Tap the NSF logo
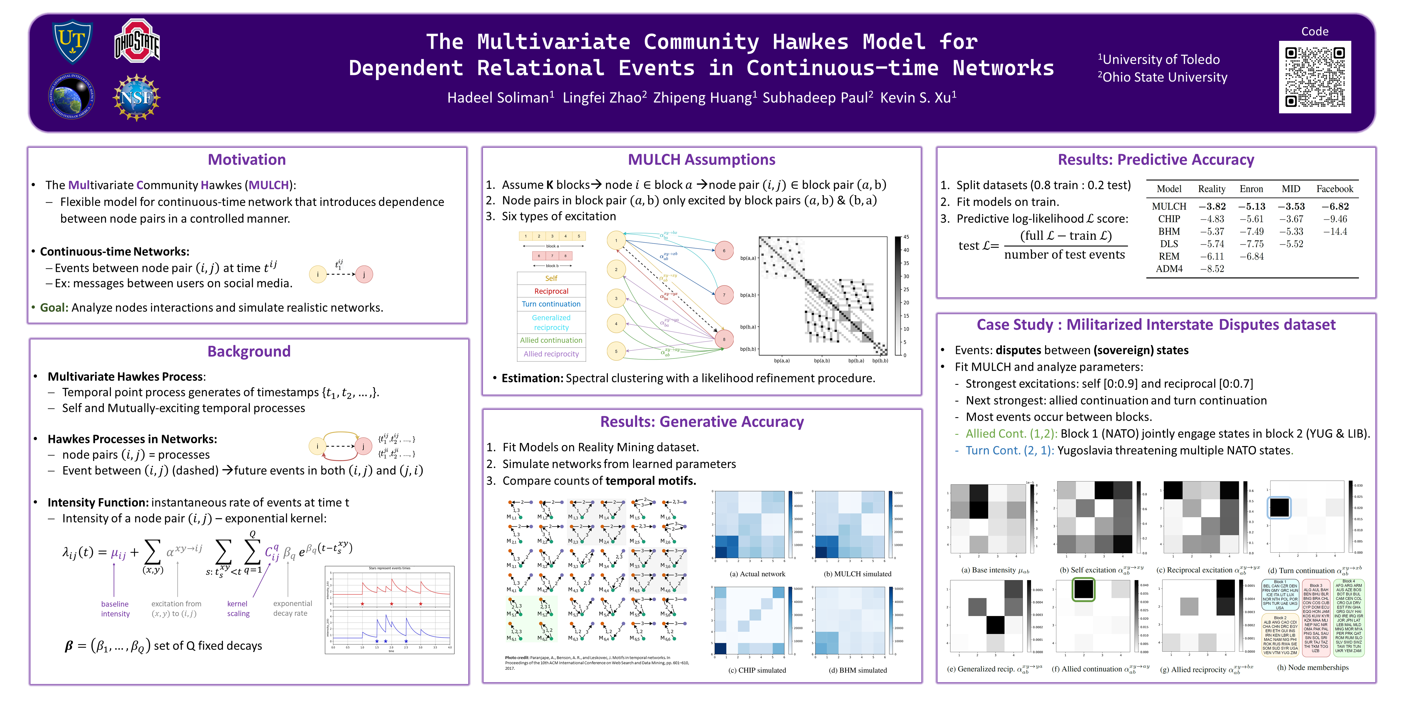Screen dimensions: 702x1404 pos(136,97)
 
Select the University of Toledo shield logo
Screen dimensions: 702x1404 pos(72,41)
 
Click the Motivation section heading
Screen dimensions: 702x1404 pos(247,160)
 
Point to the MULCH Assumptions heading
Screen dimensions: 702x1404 pos(701,160)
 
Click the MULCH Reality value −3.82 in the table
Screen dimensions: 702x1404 pos(1212,206)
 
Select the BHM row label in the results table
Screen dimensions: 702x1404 pos(1169,231)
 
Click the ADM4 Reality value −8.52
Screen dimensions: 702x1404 pos(1212,269)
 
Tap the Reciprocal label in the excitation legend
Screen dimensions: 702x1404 pos(551,291)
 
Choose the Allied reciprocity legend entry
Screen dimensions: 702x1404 pos(551,354)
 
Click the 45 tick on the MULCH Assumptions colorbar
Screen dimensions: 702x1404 pos(906,237)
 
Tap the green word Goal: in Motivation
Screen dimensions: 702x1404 pos(54,307)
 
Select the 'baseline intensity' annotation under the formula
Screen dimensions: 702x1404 pos(115,609)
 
